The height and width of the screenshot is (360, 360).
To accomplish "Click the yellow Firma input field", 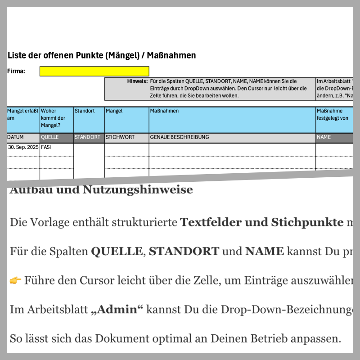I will (x=94, y=71).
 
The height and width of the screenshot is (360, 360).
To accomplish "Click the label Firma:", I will (x=16, y=71).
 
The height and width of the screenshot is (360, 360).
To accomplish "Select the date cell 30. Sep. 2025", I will (x=23, y=147).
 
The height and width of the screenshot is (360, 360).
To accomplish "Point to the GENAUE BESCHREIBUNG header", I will (x=180, y=137).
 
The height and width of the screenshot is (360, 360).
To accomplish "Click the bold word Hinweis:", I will (x=137, y=81).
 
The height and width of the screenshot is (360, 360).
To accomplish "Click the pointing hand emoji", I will (x=15, y=281).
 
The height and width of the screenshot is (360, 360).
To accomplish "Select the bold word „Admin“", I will (x=116, y=310).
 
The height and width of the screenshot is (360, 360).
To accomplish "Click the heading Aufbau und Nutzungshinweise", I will (x=101, y=190).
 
